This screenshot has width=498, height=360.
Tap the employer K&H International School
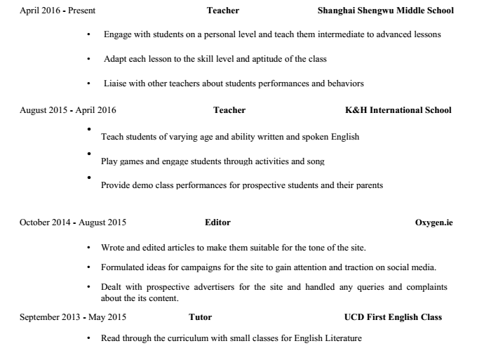click(x=393, y=110)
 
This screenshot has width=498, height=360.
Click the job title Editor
click(x=217, y=222)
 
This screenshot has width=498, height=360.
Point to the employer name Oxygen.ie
click(x=434, y=222)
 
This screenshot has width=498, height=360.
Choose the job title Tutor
click(x=201, y=317)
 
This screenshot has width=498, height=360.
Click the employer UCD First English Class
click(x=393, y=317)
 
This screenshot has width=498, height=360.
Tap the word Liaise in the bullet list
click(x=115, y=84)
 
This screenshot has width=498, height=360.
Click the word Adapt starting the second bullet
click(x=115, y=59)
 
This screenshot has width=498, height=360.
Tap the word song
click(x=316, y=161)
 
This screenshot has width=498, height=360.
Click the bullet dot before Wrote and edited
click(x=88, y=248)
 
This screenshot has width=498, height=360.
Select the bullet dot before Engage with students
click(x=88, y=34)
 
